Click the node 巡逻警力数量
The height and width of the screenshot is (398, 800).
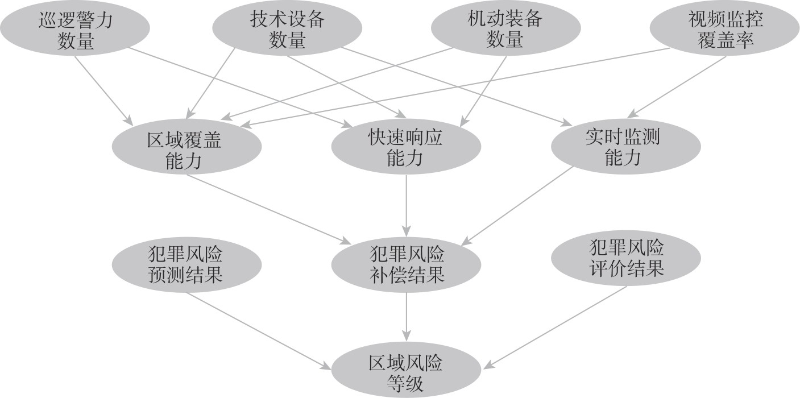pos(75,32)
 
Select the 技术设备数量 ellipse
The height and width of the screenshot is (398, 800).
pos(287,32)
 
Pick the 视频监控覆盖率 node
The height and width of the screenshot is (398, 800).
pos(725,32)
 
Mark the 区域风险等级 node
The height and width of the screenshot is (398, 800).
pos(406,372)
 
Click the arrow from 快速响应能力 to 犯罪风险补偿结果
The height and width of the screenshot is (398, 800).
pos(406,205)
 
